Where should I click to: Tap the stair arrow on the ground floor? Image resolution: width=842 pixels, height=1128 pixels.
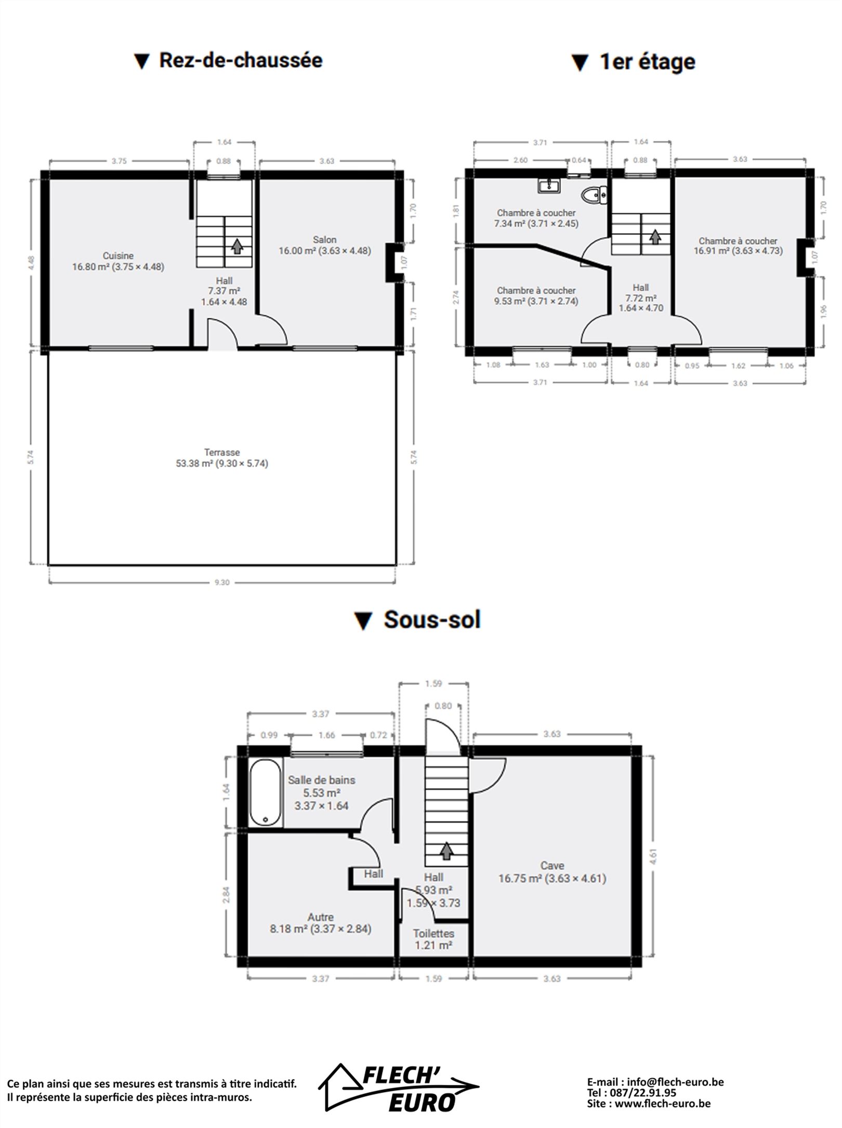click(237, 246)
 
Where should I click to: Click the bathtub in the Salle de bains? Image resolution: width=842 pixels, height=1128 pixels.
click(266, 793)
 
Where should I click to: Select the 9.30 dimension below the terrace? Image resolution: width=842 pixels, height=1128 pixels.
click(222, 582)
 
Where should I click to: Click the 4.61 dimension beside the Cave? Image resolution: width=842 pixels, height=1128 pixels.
click(653, 856)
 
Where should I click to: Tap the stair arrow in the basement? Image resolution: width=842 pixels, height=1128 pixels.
click(446, 851)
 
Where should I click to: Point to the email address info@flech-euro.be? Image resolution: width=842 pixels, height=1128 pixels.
click(675, 1082)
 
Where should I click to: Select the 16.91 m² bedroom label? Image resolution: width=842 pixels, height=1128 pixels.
click(738, 246)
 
